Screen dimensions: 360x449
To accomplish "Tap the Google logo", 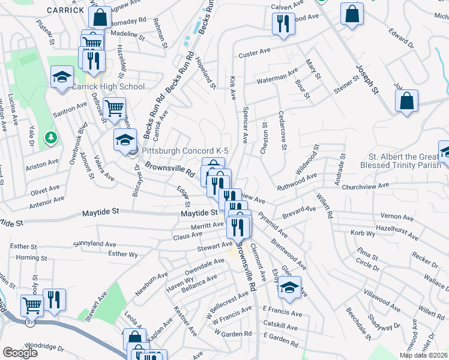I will [20, 352].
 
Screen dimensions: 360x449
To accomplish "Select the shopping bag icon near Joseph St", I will [406, 101].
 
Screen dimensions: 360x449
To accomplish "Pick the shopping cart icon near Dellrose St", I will [113, 109].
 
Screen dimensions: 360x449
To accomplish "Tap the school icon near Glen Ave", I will [290, 287].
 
